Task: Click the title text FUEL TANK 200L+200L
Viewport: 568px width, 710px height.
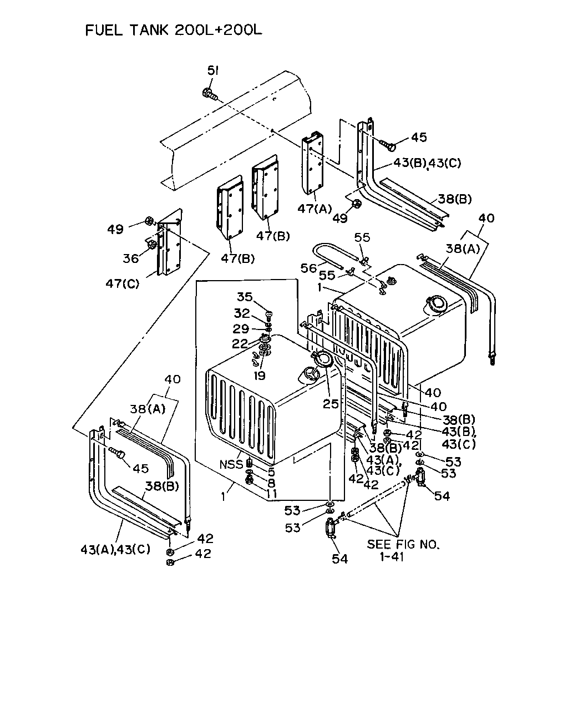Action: click(174, 30)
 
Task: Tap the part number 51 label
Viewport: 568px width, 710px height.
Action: click(213, 70)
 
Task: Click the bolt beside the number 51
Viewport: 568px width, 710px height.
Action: click(210, 94)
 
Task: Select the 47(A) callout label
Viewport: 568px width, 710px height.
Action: click(314, 209)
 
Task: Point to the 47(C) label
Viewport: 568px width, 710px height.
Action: click(123, 283)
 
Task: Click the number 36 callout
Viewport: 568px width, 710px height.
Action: click(131, 258)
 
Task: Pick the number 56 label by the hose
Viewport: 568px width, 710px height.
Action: click(308, 268)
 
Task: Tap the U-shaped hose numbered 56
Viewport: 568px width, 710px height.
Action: click(333, 257)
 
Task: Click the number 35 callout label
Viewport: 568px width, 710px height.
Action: click(245, 297)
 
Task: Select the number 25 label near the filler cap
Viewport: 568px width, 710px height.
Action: click(331, 404)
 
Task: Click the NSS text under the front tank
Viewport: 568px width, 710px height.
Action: click(231, 464)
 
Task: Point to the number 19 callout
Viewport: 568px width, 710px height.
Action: click(260, 376)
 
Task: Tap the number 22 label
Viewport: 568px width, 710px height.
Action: click(240, 344)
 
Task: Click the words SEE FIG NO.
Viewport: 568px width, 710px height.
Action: click(403, 544)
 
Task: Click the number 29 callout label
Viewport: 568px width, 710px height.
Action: click(241, 328)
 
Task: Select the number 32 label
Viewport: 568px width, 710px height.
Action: click(242, 313)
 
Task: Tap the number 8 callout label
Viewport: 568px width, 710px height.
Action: click(271, 483)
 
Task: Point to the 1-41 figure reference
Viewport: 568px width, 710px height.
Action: click(392, 557)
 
